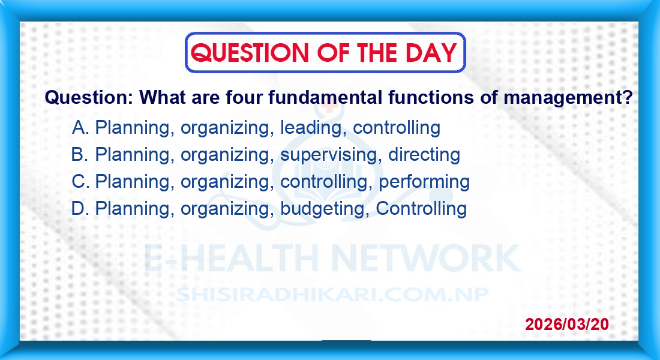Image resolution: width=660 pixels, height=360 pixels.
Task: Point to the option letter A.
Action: pos(80,127)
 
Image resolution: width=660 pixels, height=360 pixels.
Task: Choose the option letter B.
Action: pos(79,155)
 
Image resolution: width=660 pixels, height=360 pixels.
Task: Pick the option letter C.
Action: pos(80,181)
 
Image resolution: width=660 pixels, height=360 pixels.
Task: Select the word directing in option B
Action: pos(424,155)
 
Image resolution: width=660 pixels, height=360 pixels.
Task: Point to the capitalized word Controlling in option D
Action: pos(421,208)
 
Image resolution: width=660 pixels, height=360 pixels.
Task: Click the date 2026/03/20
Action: pos(567,324)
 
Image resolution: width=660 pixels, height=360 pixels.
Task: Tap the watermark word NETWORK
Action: pos(426,257)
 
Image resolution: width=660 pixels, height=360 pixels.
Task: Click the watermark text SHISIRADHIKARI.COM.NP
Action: pos(332,295)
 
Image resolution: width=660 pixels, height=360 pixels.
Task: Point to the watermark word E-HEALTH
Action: pos(232,257)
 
